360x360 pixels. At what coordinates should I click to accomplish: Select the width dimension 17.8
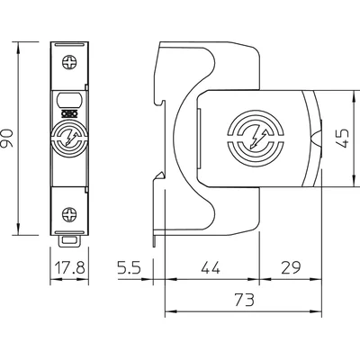[x=70, y=266]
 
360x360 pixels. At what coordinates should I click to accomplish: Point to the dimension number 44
[x=211, y=266]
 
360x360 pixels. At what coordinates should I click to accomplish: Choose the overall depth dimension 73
[x=243, y=299]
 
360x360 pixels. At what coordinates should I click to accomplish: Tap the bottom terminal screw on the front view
[x=69, y=214]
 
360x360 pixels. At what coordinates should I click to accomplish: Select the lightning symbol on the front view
[x=69, y=139]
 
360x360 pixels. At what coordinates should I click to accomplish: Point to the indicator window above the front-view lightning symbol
[x=69, y=102]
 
